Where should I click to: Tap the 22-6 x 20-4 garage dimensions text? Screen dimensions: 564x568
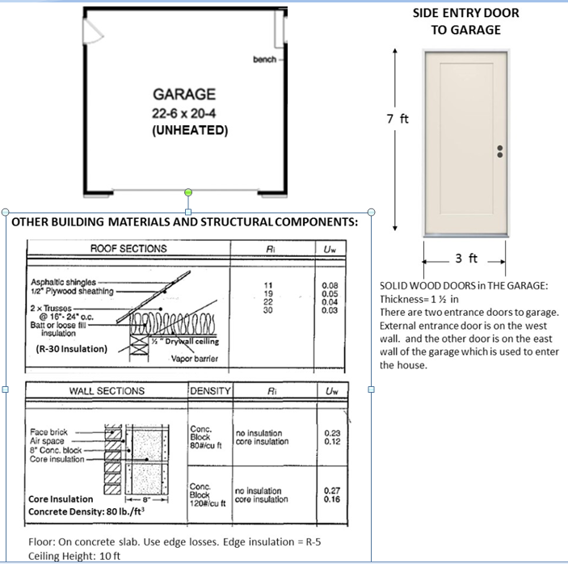190,112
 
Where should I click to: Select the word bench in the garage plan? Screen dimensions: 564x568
264,60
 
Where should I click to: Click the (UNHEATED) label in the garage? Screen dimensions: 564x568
190,129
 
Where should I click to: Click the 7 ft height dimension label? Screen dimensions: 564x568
398,119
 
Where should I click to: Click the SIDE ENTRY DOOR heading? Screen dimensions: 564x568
465,14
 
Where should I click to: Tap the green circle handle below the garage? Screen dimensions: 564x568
188,192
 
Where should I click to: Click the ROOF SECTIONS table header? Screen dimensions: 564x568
128,249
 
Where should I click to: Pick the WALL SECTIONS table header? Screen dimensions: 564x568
107,391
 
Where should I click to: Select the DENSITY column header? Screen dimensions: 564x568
210,391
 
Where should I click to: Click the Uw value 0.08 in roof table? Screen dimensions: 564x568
330,286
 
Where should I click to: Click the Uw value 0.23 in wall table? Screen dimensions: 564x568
331,433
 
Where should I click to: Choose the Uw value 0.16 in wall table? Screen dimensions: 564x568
331,499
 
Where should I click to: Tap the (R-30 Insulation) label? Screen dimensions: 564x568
72,349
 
